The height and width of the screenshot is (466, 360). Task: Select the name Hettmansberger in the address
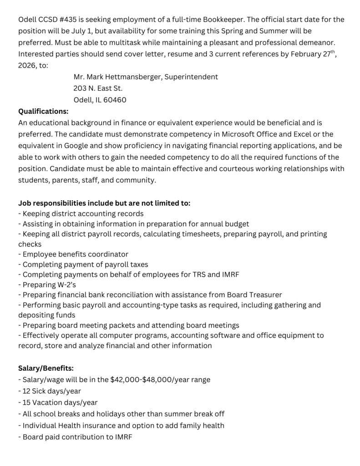pos(132,77)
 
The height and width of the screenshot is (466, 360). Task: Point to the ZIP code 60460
pos(115,100)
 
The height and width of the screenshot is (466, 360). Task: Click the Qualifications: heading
pos(43,111)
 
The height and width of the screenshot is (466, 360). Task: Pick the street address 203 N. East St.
pos(98,88)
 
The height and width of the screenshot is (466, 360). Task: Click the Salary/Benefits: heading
pos(46,368)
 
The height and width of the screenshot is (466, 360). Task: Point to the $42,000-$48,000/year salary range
pos(160,380)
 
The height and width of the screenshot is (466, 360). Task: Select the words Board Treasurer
pos(254,294)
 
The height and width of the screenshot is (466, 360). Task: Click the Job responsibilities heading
pos(104,203)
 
